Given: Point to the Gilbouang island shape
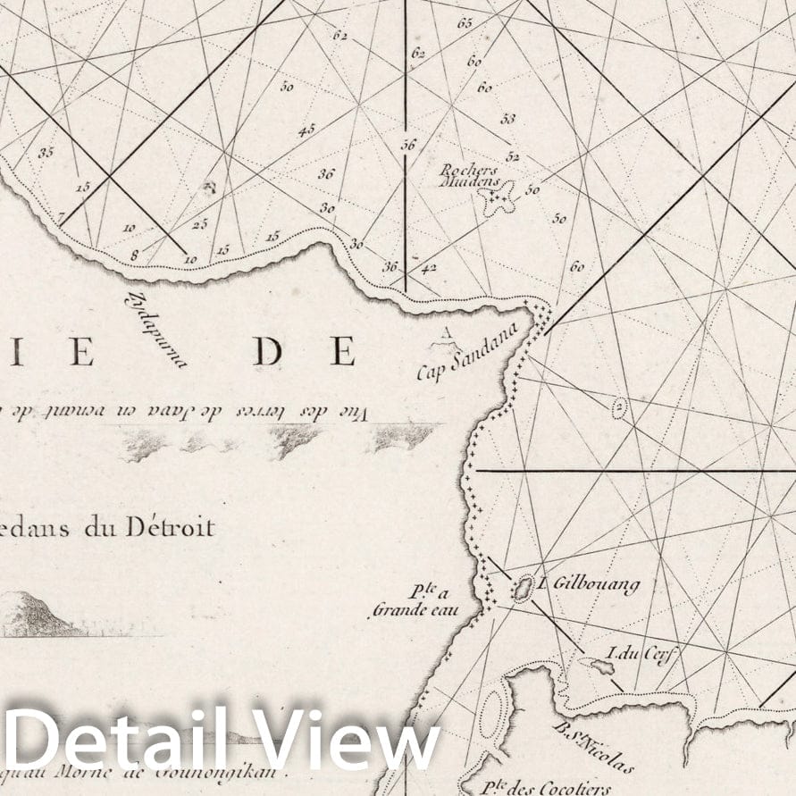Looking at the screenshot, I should click(524, 588).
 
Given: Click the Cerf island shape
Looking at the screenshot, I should click(593, 665).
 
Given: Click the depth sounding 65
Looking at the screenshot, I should click(465, 23).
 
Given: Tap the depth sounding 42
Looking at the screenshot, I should click(429, 266).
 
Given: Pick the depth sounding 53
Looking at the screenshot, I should click(508, 118).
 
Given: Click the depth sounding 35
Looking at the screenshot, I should click(46, 152).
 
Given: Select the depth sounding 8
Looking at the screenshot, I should click(134, 256).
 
